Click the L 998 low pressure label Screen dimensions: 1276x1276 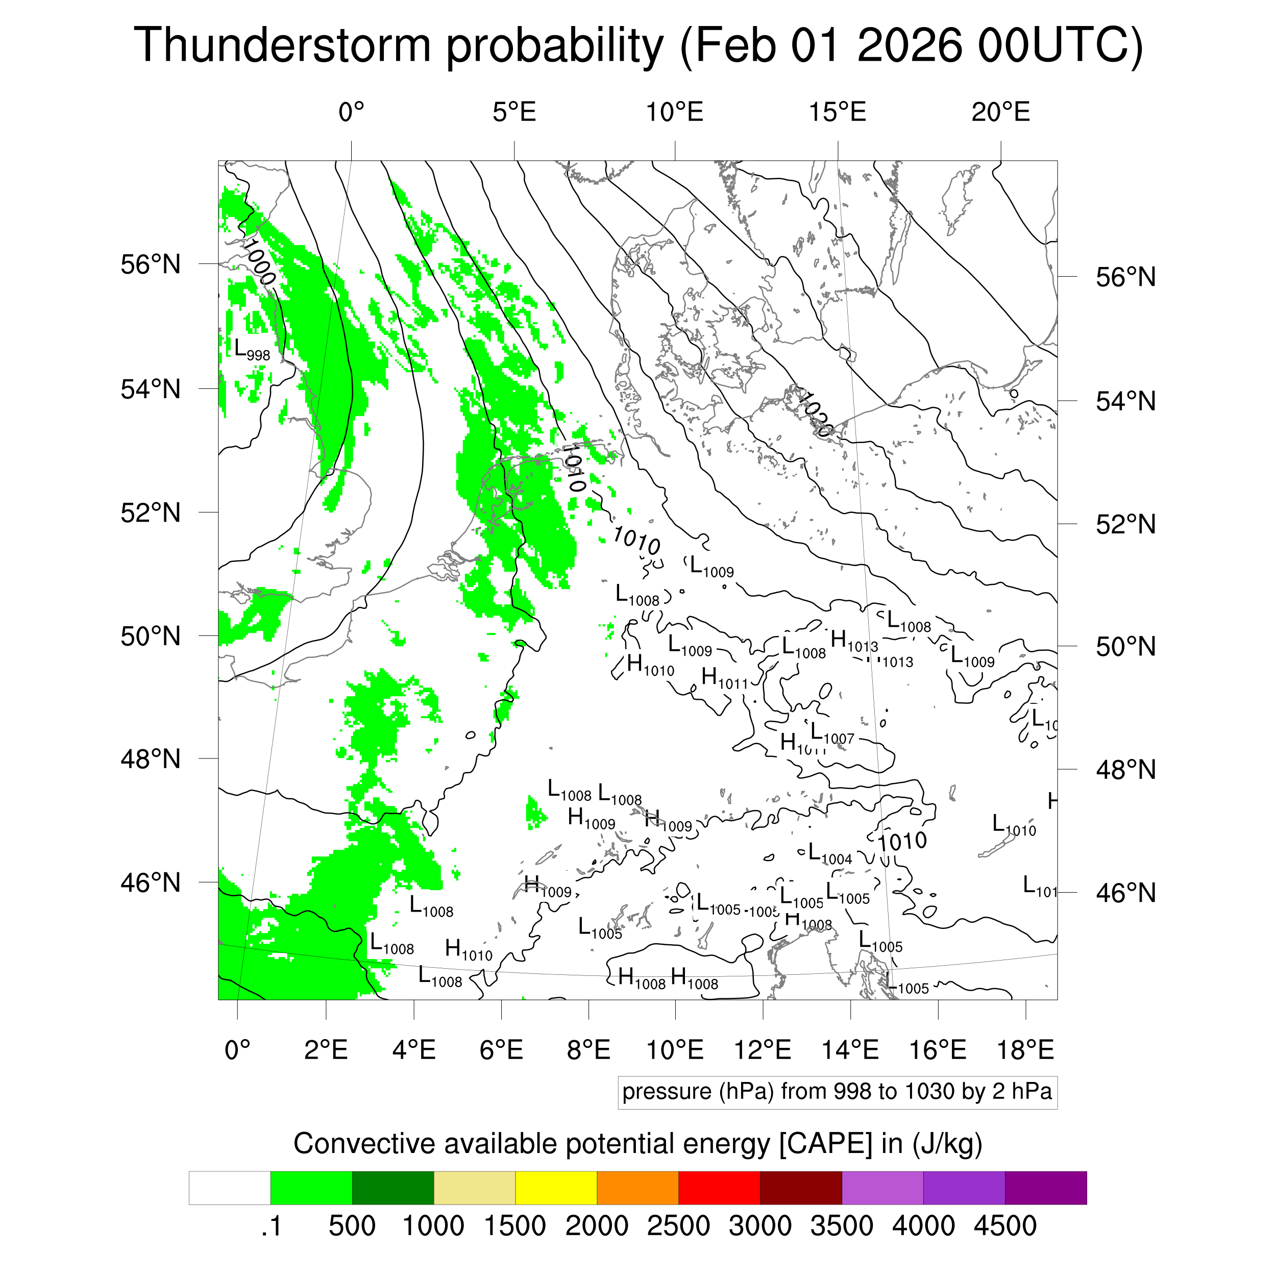(252, 350)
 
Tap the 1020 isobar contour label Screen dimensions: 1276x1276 (814, 414)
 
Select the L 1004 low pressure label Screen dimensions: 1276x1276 (830, 854)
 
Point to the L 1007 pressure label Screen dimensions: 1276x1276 (832, 734)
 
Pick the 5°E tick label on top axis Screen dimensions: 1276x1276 (514, 112)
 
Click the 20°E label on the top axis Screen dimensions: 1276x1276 (1000, 112)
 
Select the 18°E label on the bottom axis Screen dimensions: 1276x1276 (1025, 1049)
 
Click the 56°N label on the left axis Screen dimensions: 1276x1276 (151, 264)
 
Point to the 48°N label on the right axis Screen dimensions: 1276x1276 (1125, 770)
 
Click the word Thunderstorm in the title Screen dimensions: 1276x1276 (283, 45)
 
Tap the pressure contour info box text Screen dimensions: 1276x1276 (837, 1091)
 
